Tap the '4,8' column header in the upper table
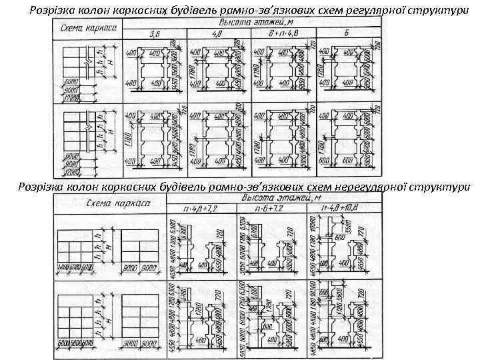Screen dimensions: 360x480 (217, 34)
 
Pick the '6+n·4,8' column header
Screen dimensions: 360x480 (282, 34)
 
